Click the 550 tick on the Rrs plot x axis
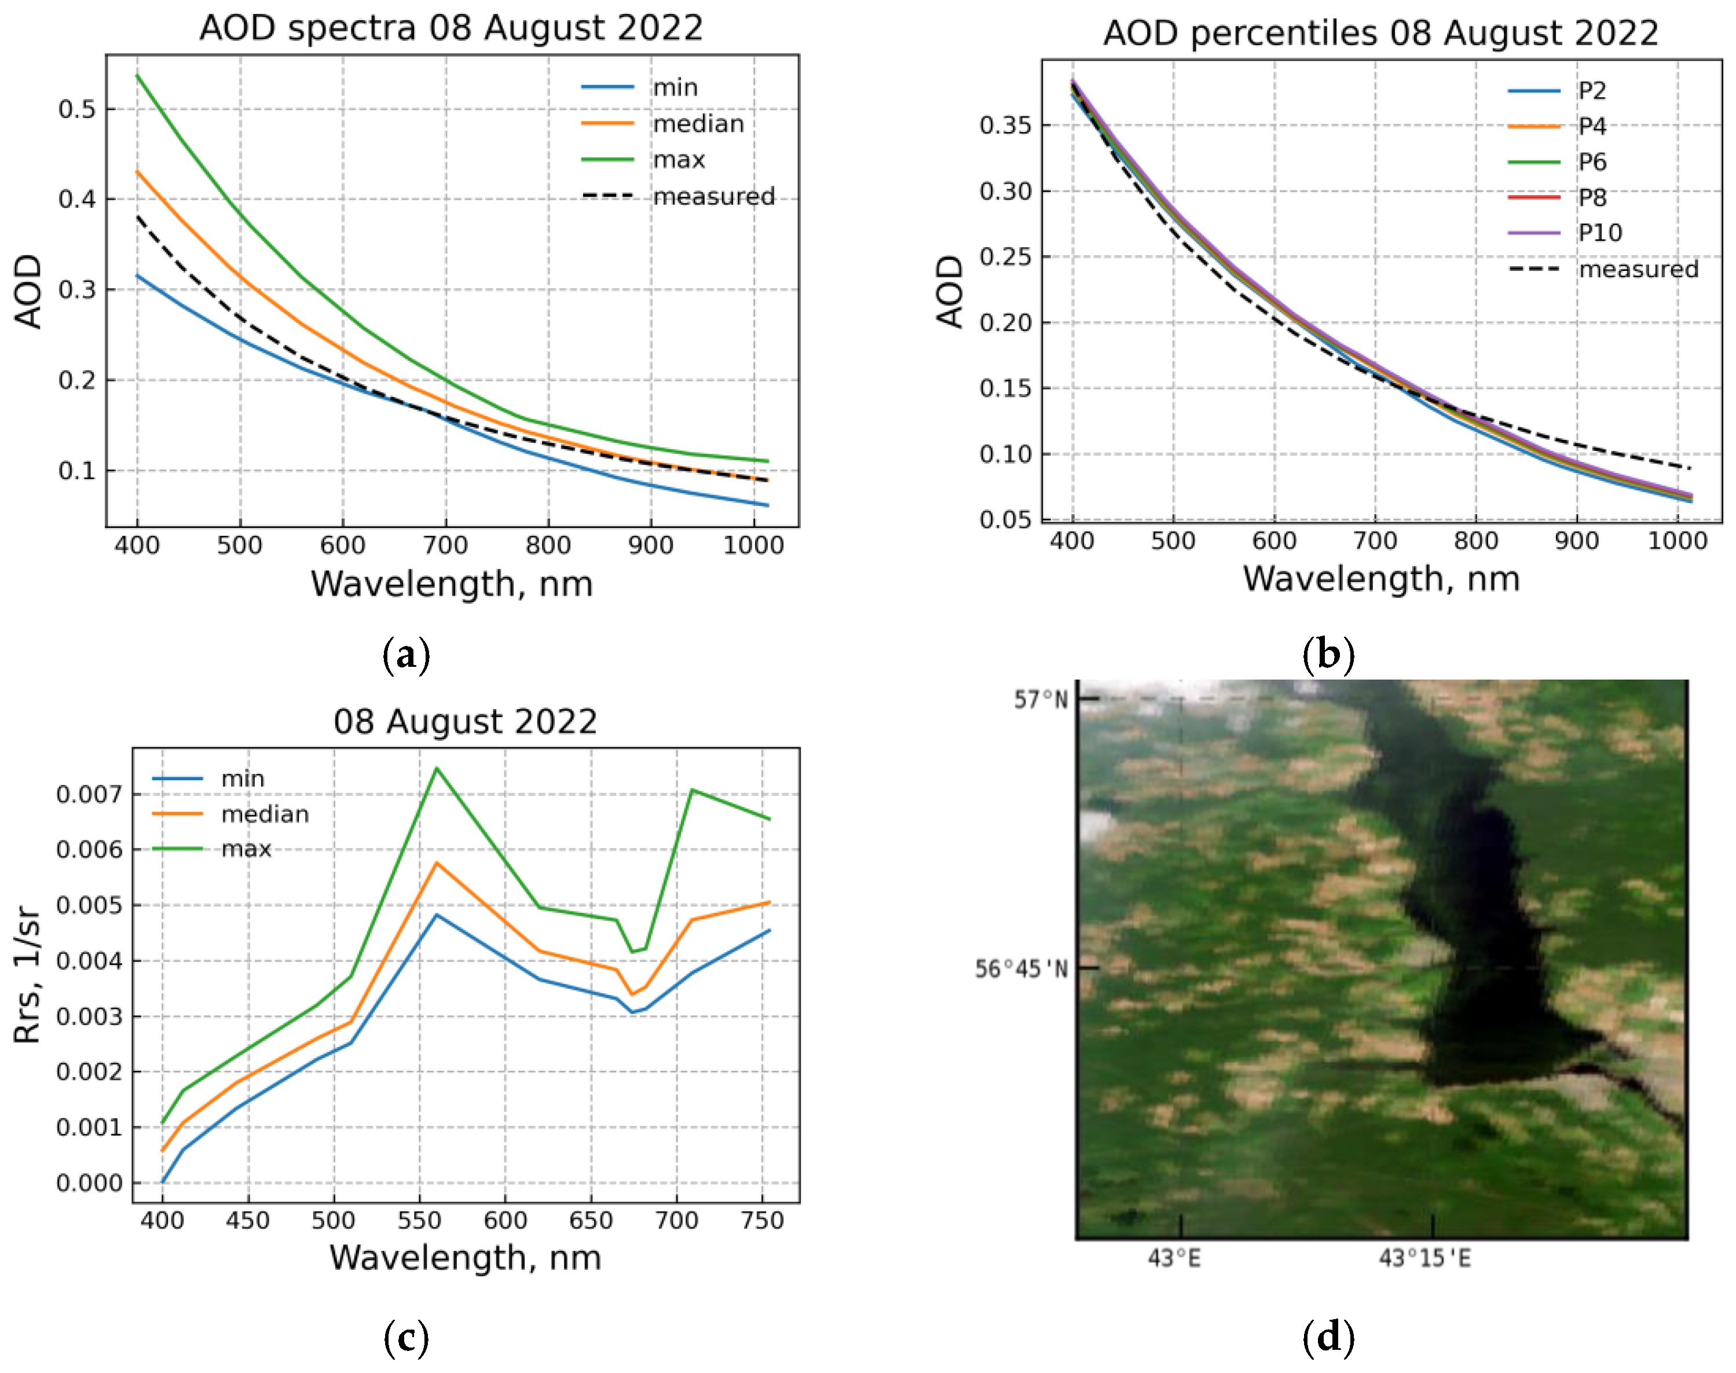pos(419,1220)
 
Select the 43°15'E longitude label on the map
pos(1425,1258)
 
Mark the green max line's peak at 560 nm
pos(437,769)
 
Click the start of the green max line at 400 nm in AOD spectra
pos(137,76)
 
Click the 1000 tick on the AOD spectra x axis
pos(753,546)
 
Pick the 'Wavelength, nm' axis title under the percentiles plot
pos(1380,579)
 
